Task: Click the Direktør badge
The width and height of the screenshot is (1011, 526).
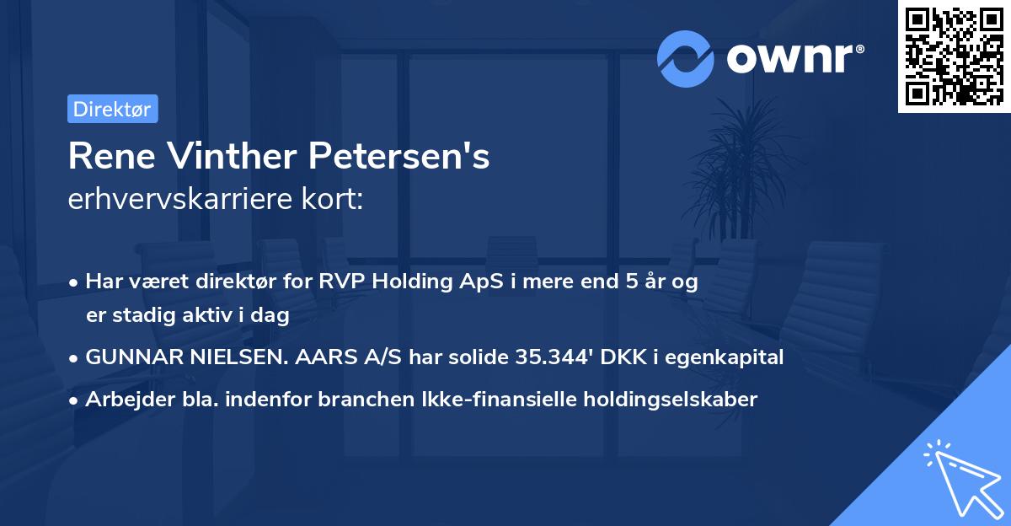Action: pyautogui.click(x=112, y=110)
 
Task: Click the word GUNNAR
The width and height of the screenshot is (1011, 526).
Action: pyautogui.click(x=129, y=357)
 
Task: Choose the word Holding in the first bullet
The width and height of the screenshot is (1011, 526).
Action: pyautogui.click(x=405, y=282)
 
